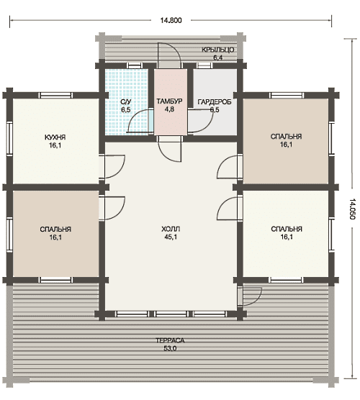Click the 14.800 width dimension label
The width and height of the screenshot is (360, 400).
click(171, 20)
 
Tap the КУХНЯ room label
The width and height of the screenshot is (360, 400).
click(55, 137)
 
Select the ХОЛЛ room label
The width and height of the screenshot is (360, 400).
click(171, 229)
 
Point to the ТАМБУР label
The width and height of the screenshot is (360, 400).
click(169, 101)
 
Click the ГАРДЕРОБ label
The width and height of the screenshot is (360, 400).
click(215, 102)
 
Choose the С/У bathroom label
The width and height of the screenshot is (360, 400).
click(126, 102)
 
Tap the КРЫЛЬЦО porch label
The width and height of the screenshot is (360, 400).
click(218, 50)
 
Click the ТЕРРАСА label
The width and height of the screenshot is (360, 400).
click(170, 340)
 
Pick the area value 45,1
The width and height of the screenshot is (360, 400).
click(171, 237)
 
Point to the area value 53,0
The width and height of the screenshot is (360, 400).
click(170, 348)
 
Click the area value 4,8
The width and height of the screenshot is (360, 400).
click(169, 109)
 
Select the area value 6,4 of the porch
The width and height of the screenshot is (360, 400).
click(218, 58)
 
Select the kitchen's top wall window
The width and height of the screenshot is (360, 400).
click(55, 96)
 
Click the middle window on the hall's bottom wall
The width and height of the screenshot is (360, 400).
click(171, 314)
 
